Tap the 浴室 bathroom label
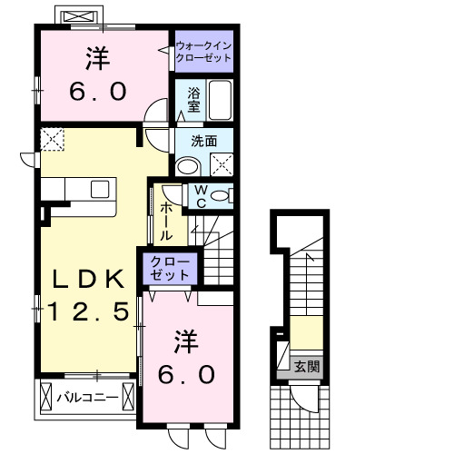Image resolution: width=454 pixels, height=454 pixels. (x=193, y=99)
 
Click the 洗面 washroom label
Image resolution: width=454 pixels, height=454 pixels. (x=202, y=141)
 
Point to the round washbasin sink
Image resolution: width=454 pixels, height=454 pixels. (x=188, y=165)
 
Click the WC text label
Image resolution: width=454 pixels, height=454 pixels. (x=201, y=196)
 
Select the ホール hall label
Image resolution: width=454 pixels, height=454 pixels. (x=166, y=221)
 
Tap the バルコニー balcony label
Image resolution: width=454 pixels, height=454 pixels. (x=87, y=397)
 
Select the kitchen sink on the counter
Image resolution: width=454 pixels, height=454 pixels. (x=99, y=189)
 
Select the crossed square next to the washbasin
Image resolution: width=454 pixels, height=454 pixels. (x=220, y=164)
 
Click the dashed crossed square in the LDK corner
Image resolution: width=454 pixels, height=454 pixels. (x=51, y=140)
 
